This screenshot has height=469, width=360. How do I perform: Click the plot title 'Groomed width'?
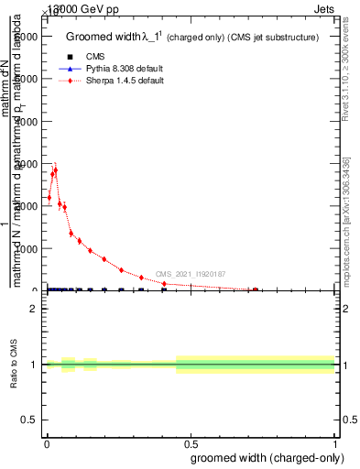pos(99,37)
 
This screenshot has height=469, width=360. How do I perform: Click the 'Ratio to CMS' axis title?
pos(15,364)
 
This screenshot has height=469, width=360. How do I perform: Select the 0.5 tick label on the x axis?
pos(191,443)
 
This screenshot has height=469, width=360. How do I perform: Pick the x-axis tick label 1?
pos(335,443)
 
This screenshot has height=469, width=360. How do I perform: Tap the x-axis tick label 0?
pos(47,443)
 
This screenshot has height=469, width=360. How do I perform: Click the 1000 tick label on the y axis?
pos(26,248)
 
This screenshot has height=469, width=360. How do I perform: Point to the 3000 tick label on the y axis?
pos(26,163)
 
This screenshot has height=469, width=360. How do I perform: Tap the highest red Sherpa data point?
pos(55,170)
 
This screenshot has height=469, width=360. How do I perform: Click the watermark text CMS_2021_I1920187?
pos(190,274)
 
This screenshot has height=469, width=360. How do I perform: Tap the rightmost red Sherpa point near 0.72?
pos(255,289)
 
